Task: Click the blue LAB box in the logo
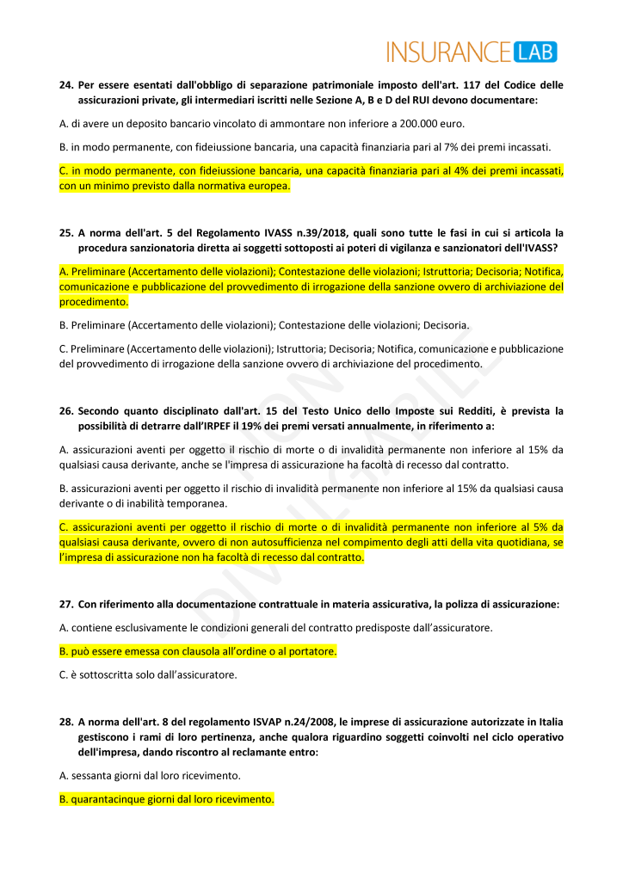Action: pos(535,52)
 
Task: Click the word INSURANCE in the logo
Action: pos(448,52)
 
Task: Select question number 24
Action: pos(65,85)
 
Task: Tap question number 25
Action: pos(65,233)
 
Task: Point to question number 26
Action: pos(65,411)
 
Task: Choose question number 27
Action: pos(65,604)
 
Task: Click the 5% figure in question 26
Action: pos(541,527)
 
